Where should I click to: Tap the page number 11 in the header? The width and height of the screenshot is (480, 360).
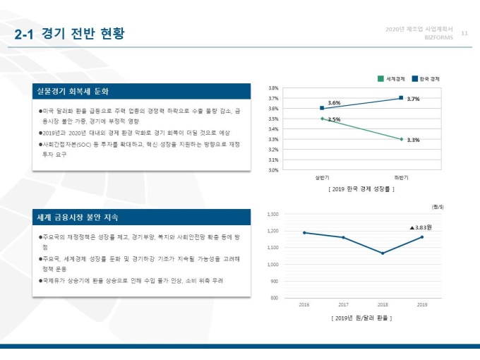[x=464, y=32]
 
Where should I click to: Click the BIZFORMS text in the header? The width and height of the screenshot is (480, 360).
[x=438, y=37]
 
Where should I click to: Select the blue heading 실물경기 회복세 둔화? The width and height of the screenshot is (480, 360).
[x=74, y=92]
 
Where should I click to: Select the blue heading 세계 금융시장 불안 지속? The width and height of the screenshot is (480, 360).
[x=78, y=217]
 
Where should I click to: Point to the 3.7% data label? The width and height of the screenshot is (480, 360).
[x=414, y=100]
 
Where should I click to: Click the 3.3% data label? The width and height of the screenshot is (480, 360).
[x=414, y=140]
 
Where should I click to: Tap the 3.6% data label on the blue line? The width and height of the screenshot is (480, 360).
[x=334, y=103]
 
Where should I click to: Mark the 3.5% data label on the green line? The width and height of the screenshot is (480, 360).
[x=334, y=120]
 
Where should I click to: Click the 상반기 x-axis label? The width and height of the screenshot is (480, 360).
[x=322, y=178]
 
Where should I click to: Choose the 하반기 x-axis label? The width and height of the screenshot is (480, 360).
[x=401, y=178]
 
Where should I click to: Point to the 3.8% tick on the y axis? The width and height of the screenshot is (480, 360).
[x=273, y=88]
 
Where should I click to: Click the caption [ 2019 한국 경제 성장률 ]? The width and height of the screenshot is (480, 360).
[x=361, y=189]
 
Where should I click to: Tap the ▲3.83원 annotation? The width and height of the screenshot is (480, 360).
[x=421, y=228]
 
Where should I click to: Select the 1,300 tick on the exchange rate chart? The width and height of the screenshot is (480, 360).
[x=273, y=214]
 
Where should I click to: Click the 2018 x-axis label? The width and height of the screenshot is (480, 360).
[x=383, y=305]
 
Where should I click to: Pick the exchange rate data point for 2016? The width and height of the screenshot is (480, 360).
[x=304, y=232]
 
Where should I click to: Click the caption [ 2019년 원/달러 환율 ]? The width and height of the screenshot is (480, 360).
[x=361, y=318]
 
